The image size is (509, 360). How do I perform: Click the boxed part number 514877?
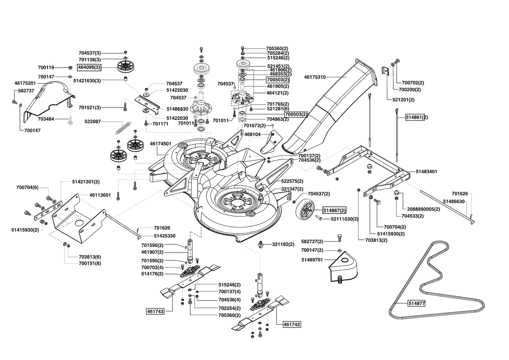coord(416,303)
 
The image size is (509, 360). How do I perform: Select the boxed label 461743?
coord(155,311)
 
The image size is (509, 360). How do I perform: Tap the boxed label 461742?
coord(292,324)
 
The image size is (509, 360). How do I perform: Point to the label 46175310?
coord(315,77)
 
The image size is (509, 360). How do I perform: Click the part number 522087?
coord(93,122)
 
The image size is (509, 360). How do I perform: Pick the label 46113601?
coord(100,195)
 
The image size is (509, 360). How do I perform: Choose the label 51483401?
coord(426,172)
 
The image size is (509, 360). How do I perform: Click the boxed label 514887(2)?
coord(334,210)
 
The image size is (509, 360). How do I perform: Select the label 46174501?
coord(161,144)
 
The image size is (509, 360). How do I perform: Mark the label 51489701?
coord(312,260)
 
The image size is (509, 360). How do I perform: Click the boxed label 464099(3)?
coord(89,68)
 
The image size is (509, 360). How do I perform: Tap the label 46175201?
coord(25,83)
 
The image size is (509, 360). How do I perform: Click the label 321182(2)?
coord(283,244)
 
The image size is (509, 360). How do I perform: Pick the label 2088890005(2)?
coord(424,209)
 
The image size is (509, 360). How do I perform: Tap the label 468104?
coord(252,135)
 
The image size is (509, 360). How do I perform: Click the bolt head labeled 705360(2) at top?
coord(243,48)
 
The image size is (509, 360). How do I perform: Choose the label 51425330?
coord(165,236)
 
